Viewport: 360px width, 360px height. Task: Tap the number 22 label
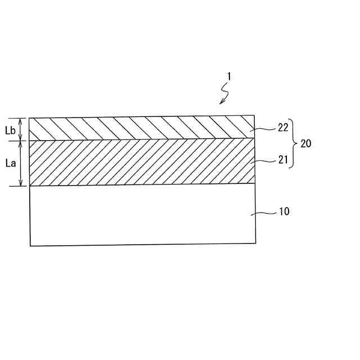(x=283, y=128)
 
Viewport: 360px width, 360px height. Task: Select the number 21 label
(x=283, y=160)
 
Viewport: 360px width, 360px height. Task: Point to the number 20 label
(x=305, y=143)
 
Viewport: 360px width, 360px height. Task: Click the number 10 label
(x=283, y=213)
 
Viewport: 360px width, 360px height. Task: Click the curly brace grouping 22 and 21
(x=293, y=143)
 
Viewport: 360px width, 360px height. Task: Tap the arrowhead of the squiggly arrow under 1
(x=221, y=103)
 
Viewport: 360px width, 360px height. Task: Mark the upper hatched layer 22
(x=141, y=128)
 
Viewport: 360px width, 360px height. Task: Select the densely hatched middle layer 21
(x=141, y=162)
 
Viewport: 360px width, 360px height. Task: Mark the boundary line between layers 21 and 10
(x=141, y=185)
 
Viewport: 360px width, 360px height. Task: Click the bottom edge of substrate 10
(x=141, y=245)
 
